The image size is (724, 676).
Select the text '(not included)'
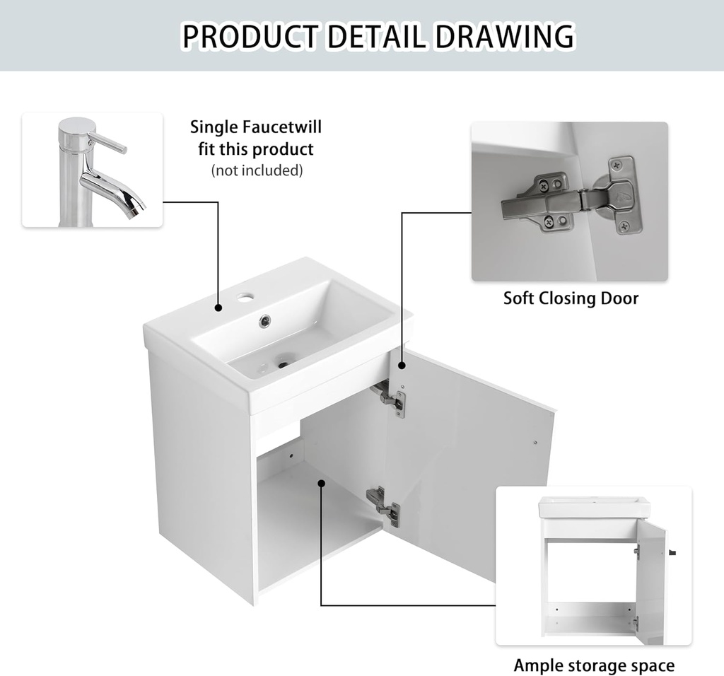pos(257,170)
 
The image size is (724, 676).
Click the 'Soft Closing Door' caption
pos(571,298)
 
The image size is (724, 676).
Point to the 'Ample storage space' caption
pos(594,665)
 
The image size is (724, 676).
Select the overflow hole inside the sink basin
pos(264,320)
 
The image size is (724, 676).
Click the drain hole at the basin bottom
pos(284,365)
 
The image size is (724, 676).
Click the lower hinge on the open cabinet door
pos(383,503)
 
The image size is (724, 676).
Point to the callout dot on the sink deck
pos(219,308)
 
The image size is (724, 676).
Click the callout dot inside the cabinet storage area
pos(322,484)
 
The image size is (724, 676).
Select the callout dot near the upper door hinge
pos(402,366)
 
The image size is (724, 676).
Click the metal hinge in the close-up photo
pos(566,201)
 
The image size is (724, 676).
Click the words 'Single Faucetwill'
pos(256,127)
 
